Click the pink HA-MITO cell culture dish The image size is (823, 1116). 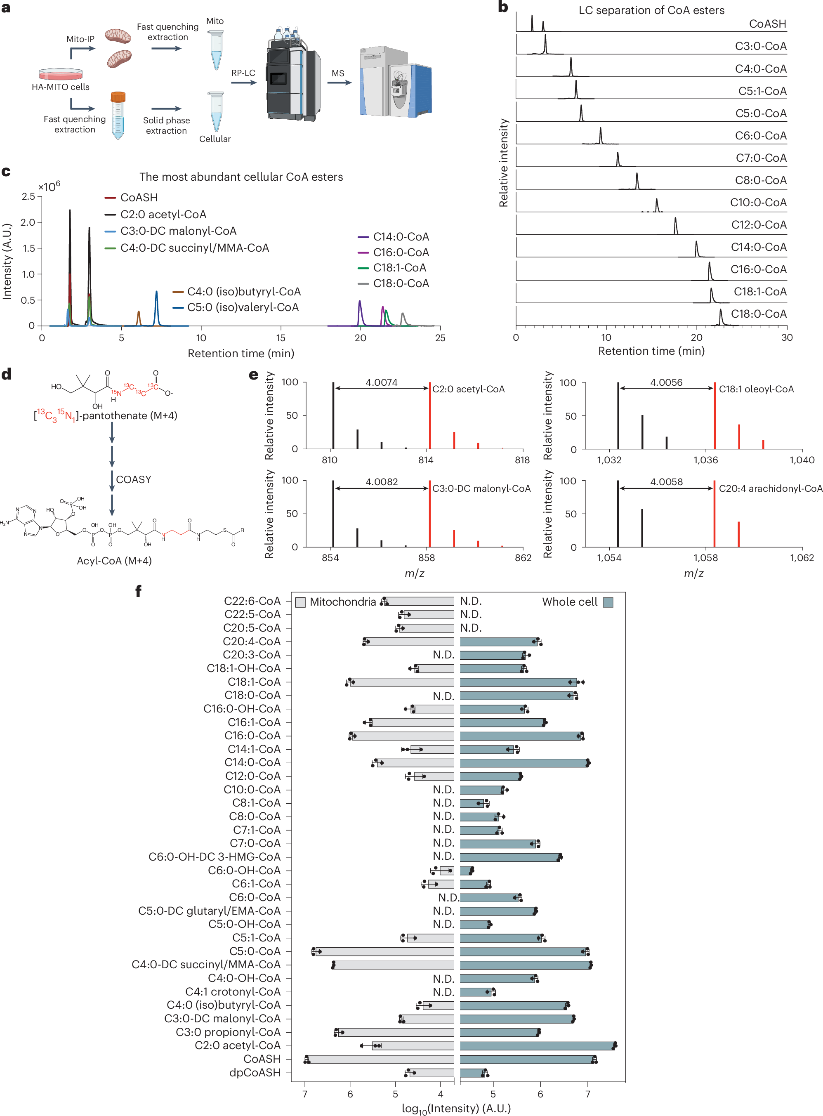[x=61, y=74]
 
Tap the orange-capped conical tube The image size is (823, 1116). [x=118, y=115]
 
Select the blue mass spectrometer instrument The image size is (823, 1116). [x=395, y=83]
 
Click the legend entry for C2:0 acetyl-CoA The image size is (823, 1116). [x=163, y=215]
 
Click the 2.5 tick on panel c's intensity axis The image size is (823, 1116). [x=28, y=197]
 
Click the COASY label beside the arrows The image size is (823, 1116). [x=134, y=479]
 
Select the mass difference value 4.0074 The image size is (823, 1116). [x=382, y=382]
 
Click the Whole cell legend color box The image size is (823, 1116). [x=608, y=602]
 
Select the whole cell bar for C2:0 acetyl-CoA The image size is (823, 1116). [x=537, y=1046]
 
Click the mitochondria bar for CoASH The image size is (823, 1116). [x=381, y=1059]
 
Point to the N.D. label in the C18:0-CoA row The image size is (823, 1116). [x=443, y=696]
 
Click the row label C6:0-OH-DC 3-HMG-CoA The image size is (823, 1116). [x=214, y=857]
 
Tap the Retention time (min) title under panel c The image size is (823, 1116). [x=241, y=353]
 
